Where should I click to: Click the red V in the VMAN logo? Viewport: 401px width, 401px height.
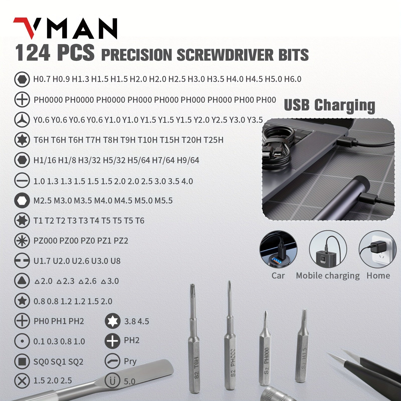(25, 28)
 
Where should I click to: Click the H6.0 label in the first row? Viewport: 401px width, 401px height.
(292, 79)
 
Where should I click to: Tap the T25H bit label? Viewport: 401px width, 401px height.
(213, 140)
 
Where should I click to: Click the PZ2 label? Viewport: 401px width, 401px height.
(121, 241)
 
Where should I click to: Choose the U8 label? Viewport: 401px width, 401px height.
(116, 261)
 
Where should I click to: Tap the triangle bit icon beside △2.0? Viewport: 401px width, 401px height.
(22, 281)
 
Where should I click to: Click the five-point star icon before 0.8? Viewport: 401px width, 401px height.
(22, 301)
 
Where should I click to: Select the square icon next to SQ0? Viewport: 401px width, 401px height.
(22, 361)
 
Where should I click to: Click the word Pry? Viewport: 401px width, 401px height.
(130, 361)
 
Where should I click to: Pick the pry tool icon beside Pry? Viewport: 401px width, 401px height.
(112, 361)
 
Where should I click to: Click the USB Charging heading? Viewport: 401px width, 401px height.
(329, 105)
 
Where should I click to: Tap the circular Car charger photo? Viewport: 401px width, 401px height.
(278, 249)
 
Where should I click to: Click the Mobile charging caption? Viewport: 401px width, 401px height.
(328, 276)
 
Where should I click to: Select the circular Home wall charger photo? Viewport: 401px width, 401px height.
(377, 249)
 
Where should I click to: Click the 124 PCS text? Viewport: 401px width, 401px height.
(55, 53)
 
